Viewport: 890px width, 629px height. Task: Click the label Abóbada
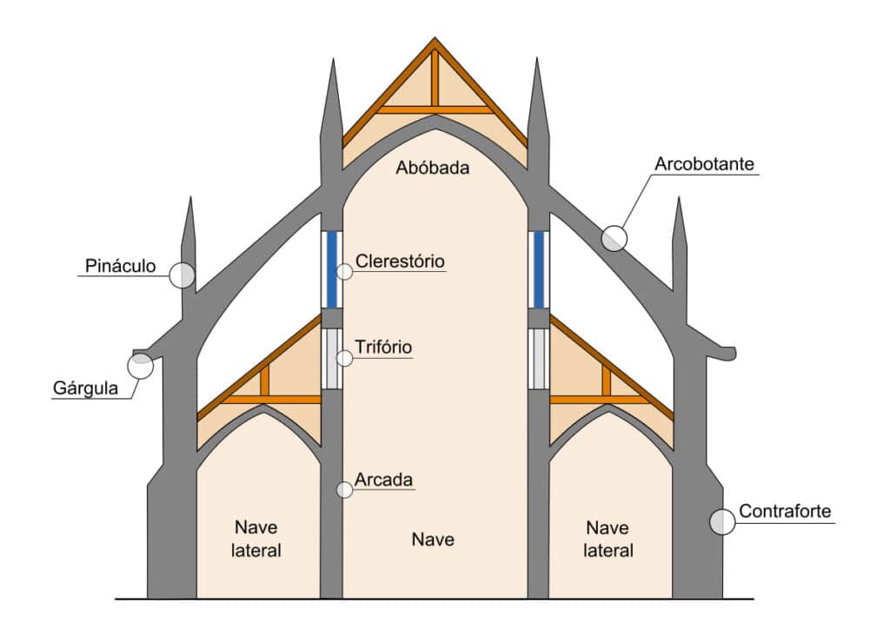tap(432, 168)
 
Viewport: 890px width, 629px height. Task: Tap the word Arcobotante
tap(704, 163)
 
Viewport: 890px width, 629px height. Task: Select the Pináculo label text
tap(121, 265)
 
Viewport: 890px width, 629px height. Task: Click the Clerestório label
tap(400, 261)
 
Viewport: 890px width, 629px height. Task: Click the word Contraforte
tap(785, 511)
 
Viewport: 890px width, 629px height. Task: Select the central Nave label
tap(433, 540)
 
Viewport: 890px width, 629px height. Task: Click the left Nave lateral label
tap(258, 539)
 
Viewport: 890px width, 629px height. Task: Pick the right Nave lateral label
tap(608, 539)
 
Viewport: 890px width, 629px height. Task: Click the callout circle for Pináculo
tap(182, 275)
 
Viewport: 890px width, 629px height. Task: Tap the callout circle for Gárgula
tap(140, 366)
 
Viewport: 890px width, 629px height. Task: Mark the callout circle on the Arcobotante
tap(614, 238)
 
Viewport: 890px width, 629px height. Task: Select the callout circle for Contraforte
tap(722, 521)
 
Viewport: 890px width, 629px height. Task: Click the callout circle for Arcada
tap(345, 489)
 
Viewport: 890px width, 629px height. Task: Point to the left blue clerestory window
tap(331, 269)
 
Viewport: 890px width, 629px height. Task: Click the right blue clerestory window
tap(539, 269)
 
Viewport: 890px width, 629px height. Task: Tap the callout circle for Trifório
tap(345, 357)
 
